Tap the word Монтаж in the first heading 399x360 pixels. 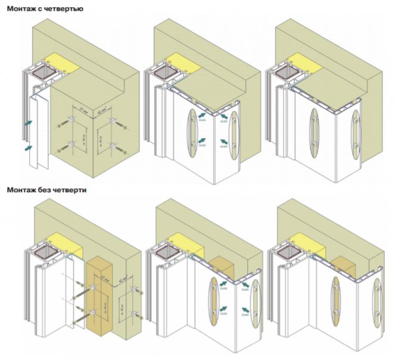coord(20,10)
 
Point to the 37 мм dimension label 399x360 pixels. coord(84,108)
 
